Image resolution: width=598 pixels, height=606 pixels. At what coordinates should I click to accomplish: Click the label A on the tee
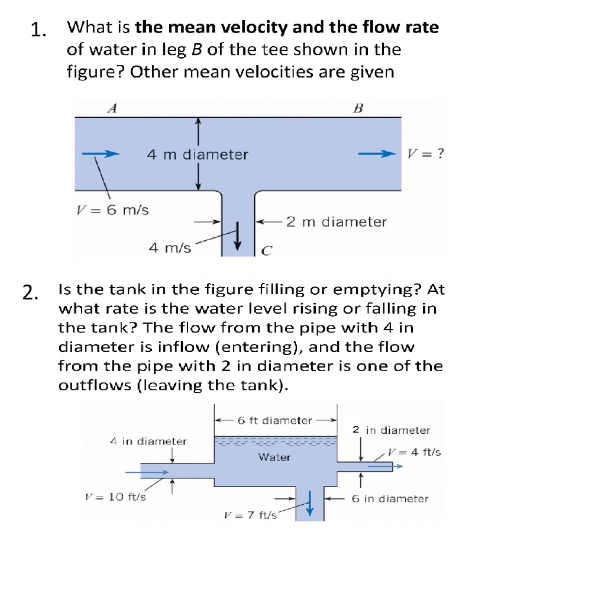[x=112, y=108]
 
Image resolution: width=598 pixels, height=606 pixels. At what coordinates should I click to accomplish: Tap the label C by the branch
[x=266, y=250]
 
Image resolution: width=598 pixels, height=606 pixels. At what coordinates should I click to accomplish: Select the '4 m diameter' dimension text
[x=198, y=155]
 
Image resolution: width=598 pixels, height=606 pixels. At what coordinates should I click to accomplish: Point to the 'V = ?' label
[x=425, y=154]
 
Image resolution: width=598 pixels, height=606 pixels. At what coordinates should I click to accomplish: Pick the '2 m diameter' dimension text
[x=336, y=222]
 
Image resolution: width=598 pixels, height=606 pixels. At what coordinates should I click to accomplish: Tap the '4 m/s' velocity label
[x=170, y=248]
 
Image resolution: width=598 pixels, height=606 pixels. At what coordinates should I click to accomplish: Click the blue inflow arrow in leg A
[x=101, y=154]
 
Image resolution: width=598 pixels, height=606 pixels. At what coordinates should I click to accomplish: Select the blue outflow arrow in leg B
[x=376, y=154]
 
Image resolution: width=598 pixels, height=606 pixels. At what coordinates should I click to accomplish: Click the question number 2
[x=30, y=292]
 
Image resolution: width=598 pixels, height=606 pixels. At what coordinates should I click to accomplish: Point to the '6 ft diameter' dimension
[x=274, y=421]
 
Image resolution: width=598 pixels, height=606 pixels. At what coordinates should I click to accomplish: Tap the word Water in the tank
[x=274, y=457]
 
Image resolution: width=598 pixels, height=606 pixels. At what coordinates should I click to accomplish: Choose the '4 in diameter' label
[x=148, y=441]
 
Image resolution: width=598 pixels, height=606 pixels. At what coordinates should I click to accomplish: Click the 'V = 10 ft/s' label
[x=116, y=497]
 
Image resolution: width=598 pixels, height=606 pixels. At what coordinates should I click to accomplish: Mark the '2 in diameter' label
[x=391, y=430]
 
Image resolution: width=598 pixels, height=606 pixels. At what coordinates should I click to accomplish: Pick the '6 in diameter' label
[x=390, y=498]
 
